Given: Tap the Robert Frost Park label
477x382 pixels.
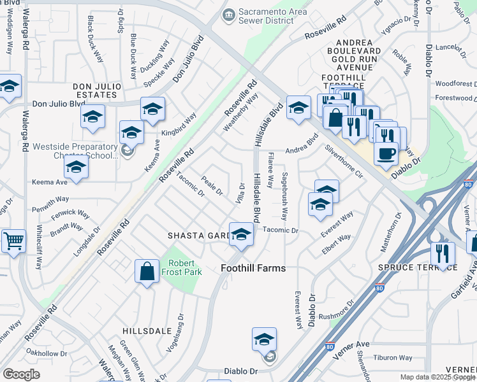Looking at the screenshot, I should [185, 267].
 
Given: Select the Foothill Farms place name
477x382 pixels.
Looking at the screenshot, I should [253, 268].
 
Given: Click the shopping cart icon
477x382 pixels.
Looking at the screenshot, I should [13, 241].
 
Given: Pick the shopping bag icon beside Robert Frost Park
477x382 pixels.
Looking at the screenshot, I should [147, 271].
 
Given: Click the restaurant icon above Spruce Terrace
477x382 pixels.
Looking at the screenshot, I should [443, 253].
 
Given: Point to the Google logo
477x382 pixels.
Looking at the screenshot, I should [21, 374].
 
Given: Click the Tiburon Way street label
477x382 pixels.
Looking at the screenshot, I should [393, 358].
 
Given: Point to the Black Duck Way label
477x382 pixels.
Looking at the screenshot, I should [96, 39].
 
